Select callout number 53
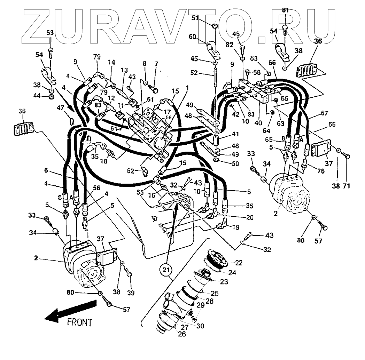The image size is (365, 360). [50, 33]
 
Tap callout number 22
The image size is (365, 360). [239, 263]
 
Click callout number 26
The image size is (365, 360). [181, 334]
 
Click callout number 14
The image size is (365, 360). [111, 63]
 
